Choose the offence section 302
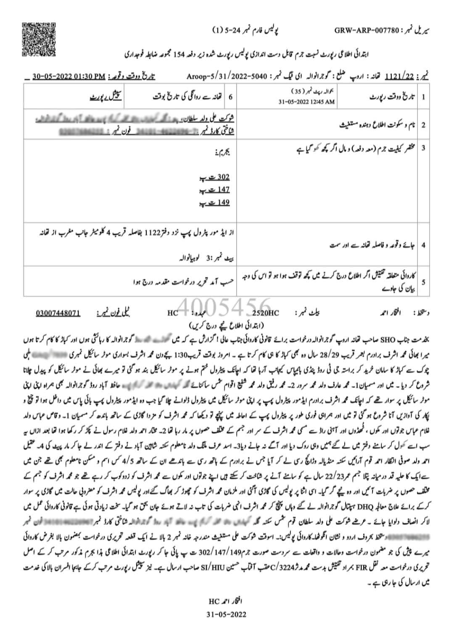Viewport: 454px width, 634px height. coord(222,177)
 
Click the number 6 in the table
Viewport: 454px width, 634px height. coord(230,97)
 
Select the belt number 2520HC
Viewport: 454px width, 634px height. coord(266,313)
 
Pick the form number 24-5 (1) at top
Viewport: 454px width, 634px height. coord(229,30)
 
